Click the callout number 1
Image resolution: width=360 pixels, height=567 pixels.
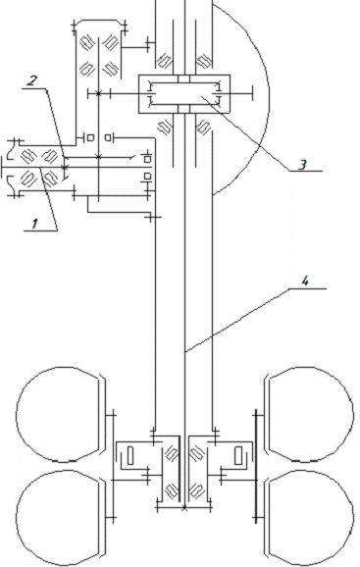coord(34,225)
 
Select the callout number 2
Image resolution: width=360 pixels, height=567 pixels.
coord(31,81)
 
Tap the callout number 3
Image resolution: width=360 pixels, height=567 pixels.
coord(302,165)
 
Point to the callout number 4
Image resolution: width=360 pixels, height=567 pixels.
coord(305,282)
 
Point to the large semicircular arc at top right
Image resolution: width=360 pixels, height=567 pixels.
coord(269,98)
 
